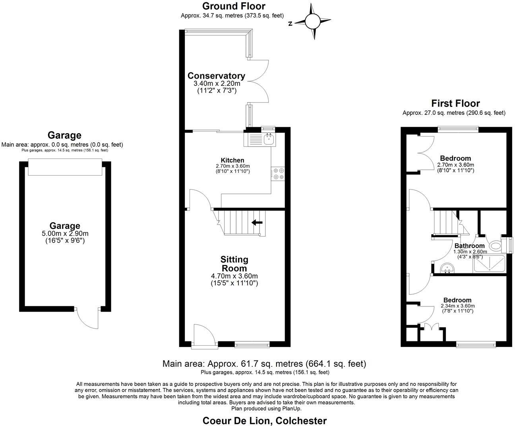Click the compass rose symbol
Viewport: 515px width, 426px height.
[313, 21]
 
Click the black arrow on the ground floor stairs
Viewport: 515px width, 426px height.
[257, 223]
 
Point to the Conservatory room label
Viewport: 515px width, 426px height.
[216, 76]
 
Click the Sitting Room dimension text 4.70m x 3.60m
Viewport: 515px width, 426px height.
[234, 276]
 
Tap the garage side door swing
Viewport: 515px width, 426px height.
[88, 318]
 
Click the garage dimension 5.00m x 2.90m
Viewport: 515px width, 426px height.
[65, 234]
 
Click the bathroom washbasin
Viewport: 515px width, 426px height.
[447, 269]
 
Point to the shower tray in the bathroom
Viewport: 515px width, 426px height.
[489, 264]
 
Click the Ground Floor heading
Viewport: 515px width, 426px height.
[234, 6]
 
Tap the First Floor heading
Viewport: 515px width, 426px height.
[455, 103]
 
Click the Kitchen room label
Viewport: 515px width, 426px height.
[233, 160]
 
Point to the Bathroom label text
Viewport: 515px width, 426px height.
[469, 246]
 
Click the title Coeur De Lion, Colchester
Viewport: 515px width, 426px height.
[265, 420]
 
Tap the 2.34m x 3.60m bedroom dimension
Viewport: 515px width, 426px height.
[457, 306]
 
